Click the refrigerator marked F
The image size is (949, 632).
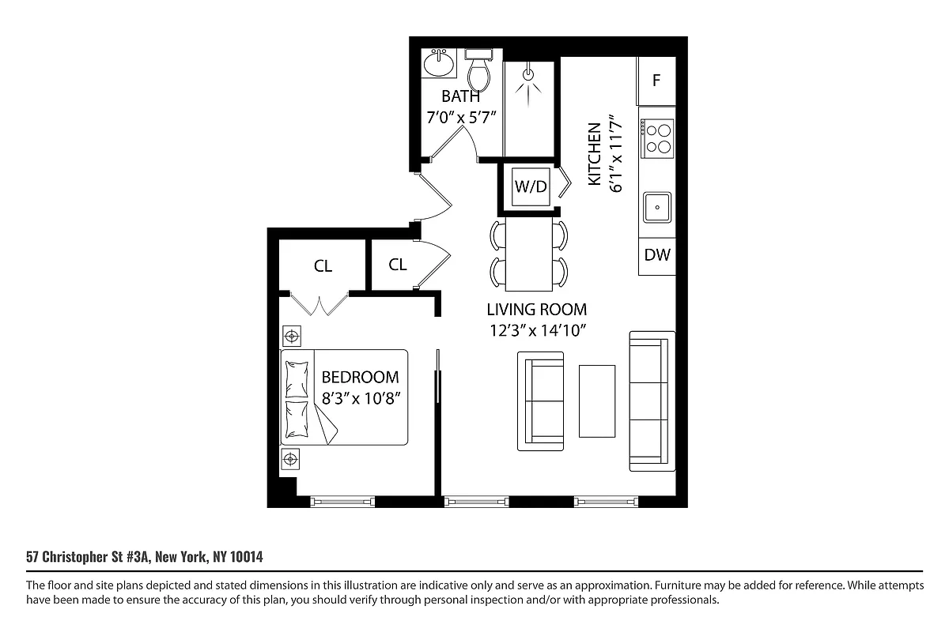pos(656,81)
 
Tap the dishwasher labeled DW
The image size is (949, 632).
pos(656,255)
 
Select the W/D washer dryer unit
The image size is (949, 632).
pos(531,187)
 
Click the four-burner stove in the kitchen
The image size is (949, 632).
pos(657,137)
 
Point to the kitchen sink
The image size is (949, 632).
pos(657,209)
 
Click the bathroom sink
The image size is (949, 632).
pos(438,63)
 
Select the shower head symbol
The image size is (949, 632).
pos(529,77)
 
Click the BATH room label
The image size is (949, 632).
pos(460,97)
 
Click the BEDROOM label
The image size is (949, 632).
pos(360,378)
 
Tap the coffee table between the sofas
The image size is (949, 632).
pos(597,401)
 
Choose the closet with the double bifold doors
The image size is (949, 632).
pos(322,266)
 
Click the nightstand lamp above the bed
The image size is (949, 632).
pos(292,337)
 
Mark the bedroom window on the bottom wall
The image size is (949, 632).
pos(342,501)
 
